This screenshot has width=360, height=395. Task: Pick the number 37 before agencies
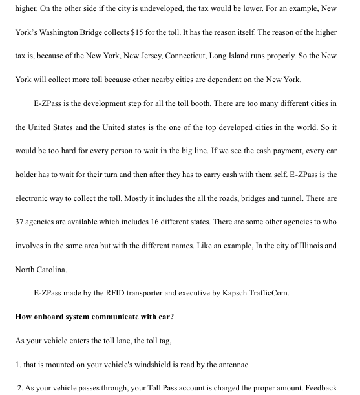[20, 222]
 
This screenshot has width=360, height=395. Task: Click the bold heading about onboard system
[94, 317]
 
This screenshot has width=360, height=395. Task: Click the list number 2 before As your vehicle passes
[20, 388]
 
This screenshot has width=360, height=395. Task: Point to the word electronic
[33, 198]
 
